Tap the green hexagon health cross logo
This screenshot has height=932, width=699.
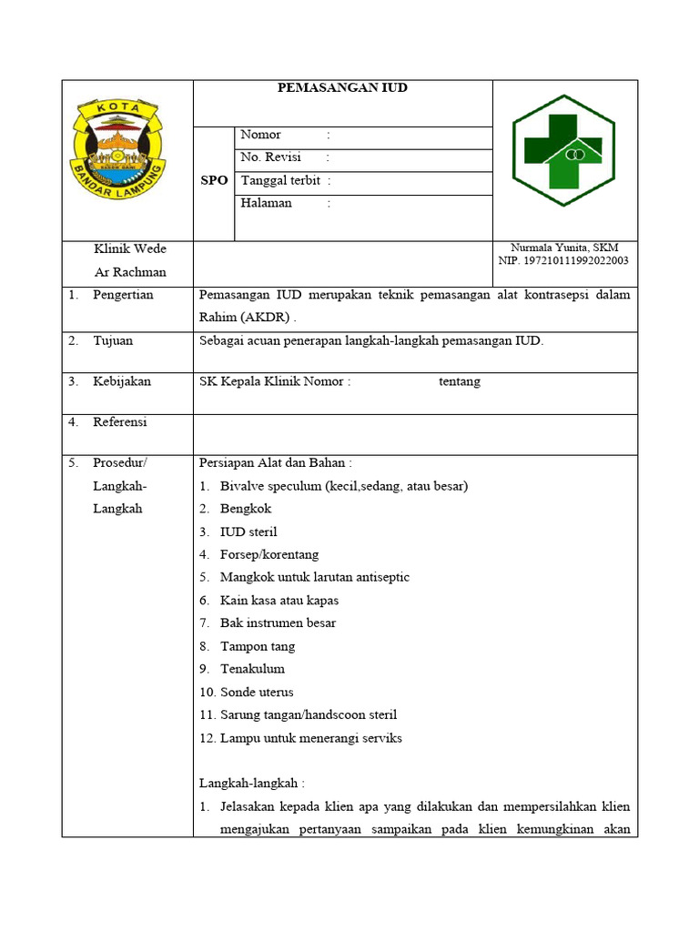[x=563, y=151]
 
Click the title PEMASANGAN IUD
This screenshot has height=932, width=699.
[x=342, y=88]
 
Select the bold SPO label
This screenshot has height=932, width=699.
[x=214, y=181]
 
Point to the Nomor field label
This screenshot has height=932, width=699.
[x=260, y=135]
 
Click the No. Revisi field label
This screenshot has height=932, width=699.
[x=270, y=157]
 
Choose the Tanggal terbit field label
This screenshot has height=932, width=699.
[x=280, y=180]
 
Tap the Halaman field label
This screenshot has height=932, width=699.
[x=266, y=203]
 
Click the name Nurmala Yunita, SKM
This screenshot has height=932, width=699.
[x=564, y=248]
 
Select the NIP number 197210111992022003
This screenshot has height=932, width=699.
[x=563, y=261]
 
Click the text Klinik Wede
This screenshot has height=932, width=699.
[x=130, y=249]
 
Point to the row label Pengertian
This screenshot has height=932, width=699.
[x=123, y=295]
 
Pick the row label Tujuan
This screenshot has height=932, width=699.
[x=113, y=340]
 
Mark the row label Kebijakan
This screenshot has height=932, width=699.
[x=122, y=381]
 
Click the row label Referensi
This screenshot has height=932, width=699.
[x=120, y=422]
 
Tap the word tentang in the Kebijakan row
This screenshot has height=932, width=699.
[x=460, y=381]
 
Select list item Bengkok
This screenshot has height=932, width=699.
[x=246, y=509]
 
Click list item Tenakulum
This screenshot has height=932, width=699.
[x=252, y=669]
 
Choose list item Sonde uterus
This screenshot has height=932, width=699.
[x=257, y=692]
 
